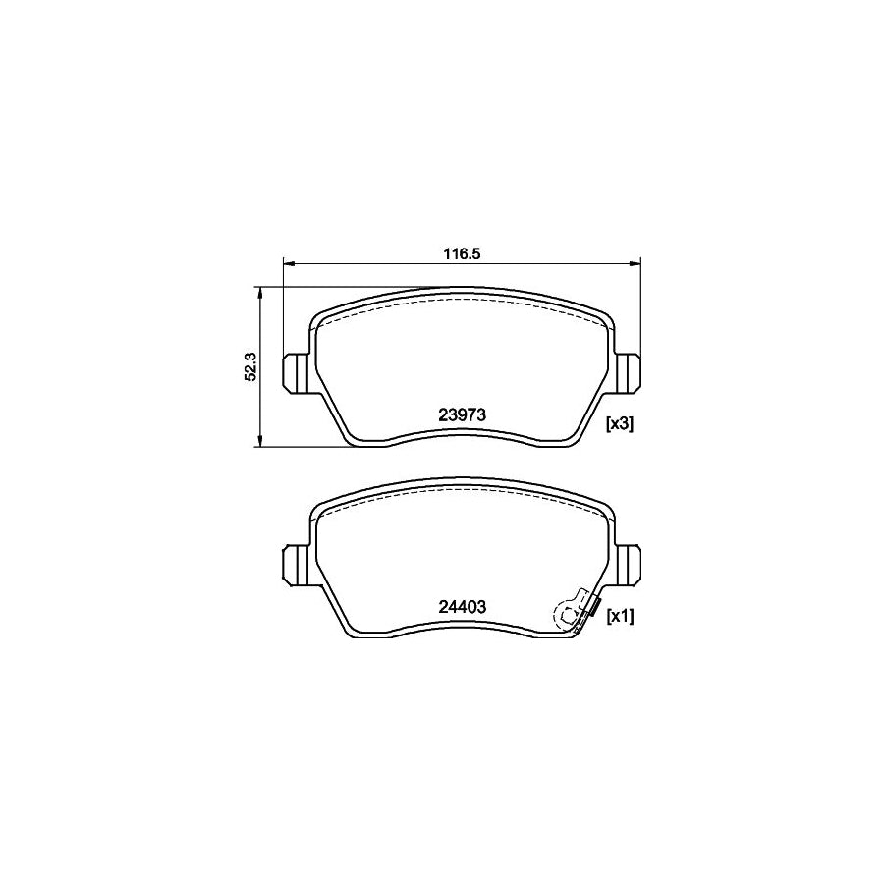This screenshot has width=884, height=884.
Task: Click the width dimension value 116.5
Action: pyautogui.click(x=461, y=253)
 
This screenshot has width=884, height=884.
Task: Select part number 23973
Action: pyautogui.click(x=463, y=414)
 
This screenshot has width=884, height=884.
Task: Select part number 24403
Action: pyautogui.click(x=463, y=607)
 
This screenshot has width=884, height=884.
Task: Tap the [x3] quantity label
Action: pyautogui.click(x=620, y=424)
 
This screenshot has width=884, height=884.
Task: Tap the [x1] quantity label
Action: pyautogui.click(x=620, y=616)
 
